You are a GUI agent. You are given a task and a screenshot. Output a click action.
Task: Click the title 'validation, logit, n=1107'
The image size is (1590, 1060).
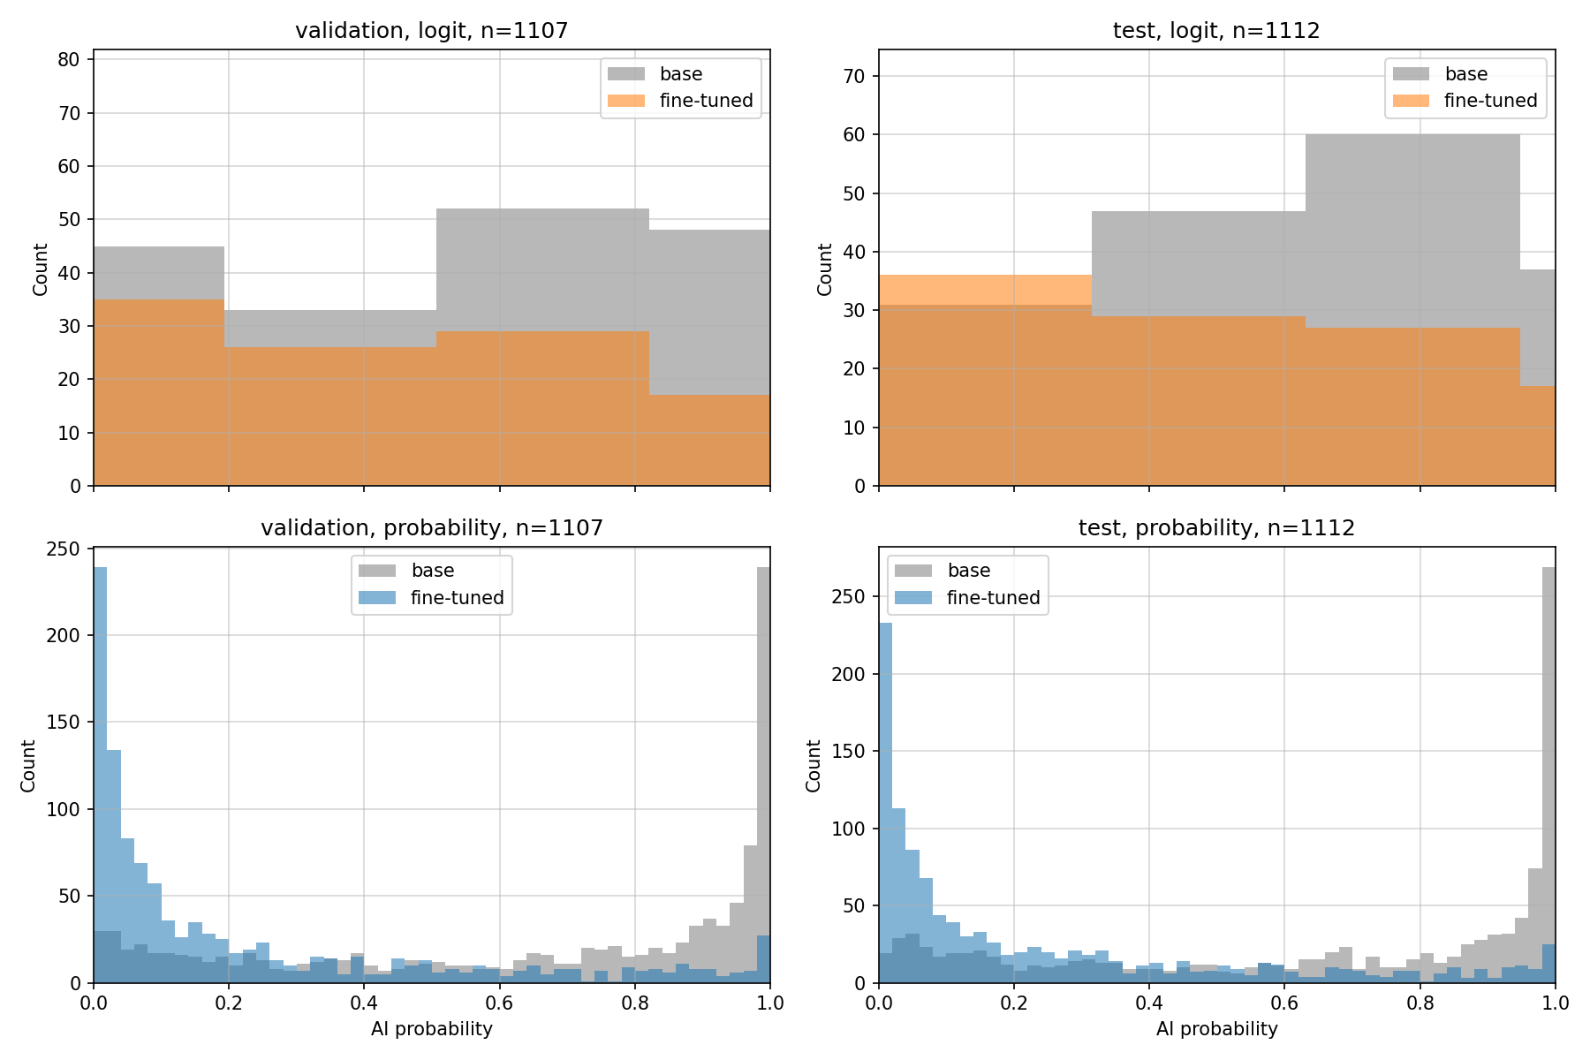431,31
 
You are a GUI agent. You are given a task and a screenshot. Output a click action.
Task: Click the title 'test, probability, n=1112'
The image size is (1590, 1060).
1216,528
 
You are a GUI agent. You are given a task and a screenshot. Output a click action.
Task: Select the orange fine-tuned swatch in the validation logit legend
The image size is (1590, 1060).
626,101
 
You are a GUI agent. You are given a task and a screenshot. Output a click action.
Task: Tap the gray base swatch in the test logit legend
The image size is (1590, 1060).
1412,74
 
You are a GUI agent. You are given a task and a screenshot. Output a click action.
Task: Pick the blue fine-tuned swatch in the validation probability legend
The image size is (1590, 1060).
377,598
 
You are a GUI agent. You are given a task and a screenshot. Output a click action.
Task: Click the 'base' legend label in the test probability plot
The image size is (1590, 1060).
969,571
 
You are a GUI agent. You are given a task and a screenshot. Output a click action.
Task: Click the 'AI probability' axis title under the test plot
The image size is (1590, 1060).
1216,1029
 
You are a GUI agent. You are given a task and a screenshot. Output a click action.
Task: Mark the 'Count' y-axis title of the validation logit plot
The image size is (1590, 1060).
40,269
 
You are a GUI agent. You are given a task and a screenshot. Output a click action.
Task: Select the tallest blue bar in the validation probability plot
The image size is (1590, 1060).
100,775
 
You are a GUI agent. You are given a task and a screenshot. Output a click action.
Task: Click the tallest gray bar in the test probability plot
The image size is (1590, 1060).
1548,775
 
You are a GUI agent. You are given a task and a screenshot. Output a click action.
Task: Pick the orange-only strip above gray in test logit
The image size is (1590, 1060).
985,290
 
